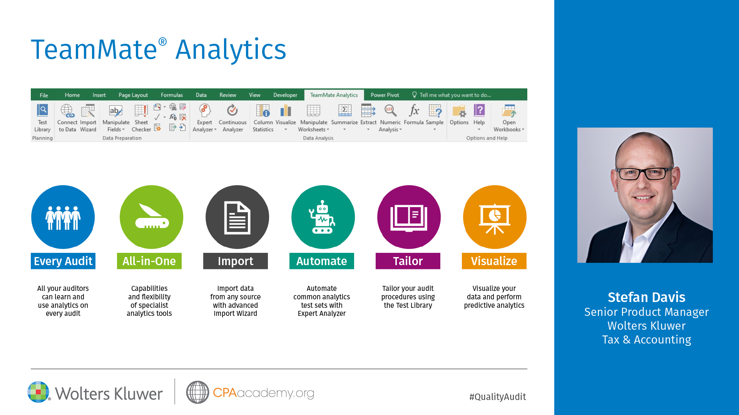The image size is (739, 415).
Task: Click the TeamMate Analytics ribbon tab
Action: coord(334,95)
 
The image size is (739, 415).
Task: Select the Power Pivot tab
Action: coord(385,95)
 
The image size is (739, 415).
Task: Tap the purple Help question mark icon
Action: coord(479,110)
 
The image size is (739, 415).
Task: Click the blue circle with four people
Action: coord(63,217)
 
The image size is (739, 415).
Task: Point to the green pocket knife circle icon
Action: coord(152,217)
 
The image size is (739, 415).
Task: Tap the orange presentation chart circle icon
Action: coord(495,217)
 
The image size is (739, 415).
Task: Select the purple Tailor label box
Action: coord(408,261)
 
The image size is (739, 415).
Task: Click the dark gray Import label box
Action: coord(236,261)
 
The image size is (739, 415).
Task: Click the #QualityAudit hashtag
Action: coord(498,397)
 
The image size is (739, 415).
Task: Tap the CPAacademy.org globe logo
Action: coord(197,392)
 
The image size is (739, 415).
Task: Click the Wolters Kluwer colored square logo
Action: coord(38,392)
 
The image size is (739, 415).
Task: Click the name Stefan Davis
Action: coord(647,297)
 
